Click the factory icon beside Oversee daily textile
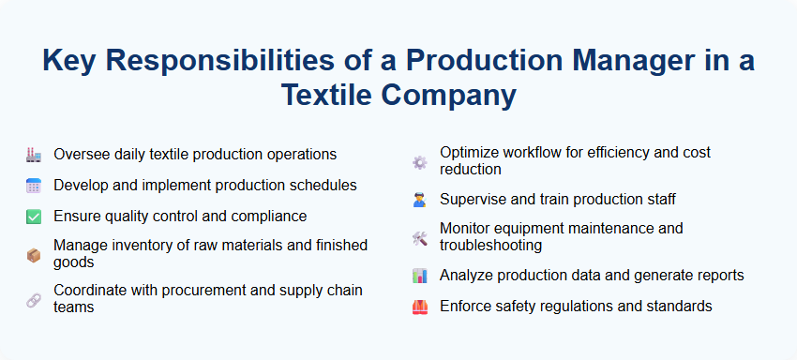[33, 155]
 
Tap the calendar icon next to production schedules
[33, 186]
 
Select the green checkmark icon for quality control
[33, 217]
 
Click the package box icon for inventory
[33, 254]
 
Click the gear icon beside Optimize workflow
[419, 161]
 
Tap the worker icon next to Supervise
[419, 199]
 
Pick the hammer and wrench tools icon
[419, 237]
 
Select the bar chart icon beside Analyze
[419, 276]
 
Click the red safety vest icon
[419, 307]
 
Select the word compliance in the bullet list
[271, 216]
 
